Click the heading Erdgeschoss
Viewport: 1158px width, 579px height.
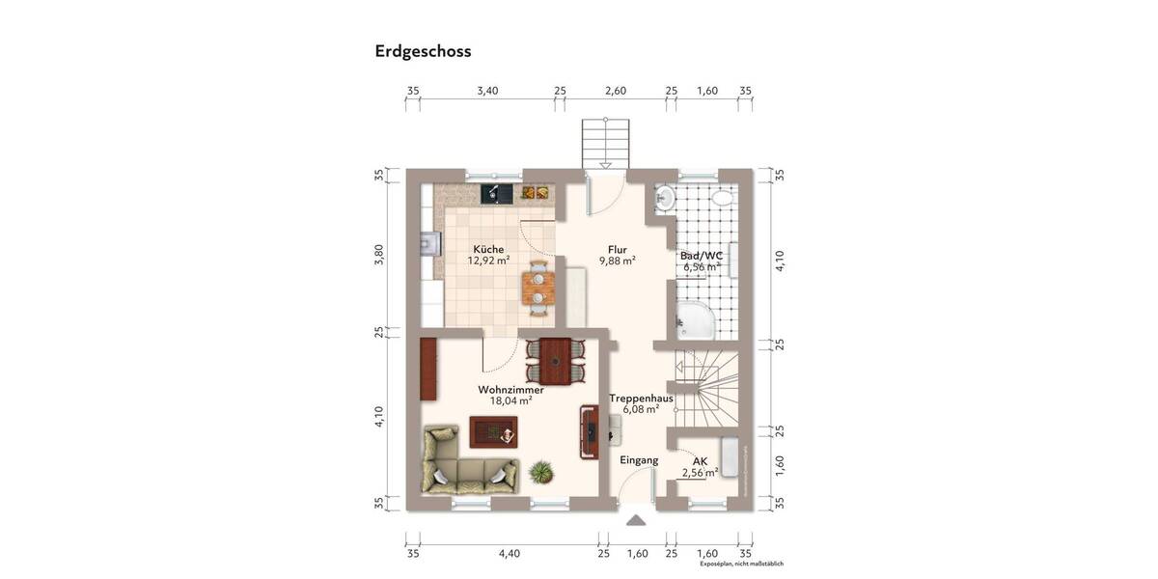click(x=423, y=52)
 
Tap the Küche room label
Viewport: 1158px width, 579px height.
click(x=488, y=249)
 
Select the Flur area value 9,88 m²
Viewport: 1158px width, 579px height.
click(x=617, y=261)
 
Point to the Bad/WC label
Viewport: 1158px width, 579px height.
click(x=701, y=256)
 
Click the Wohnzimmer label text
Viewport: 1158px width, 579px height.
click(x=510, y=390)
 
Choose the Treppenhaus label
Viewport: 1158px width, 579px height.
click(x=641, y=398)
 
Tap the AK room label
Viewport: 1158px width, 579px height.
click(x=700, y=461)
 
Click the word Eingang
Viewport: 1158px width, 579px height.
click(x=639, y=460)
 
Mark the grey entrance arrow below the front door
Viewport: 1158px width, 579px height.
click(x=636, y=520)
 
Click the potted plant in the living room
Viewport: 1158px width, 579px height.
click(x=541, y=472)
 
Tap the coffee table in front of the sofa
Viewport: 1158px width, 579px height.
click(x=494, y=431)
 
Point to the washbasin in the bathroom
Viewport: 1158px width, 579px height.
click(x=665, y=199)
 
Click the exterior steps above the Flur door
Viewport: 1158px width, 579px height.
click(x=605, y=145)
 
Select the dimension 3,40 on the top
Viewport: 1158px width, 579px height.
click(x=487, y=91)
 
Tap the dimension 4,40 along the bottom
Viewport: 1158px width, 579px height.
click(x=509, y=554)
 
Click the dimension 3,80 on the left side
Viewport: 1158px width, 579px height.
click(x=379, y=254)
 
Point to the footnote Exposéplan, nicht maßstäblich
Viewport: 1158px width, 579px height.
click(x=741, y=564)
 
